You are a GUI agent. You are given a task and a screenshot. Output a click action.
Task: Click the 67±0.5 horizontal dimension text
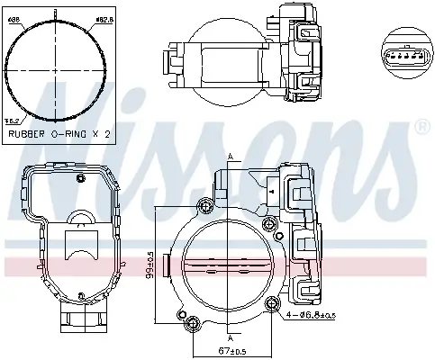[231, 349]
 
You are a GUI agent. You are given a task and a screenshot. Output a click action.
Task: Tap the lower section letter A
[231, 342]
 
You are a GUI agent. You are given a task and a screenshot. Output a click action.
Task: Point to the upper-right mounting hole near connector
[267, 223]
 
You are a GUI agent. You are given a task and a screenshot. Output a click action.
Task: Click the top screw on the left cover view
[80, 179]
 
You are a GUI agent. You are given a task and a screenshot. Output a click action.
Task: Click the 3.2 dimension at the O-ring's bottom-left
[12, 118]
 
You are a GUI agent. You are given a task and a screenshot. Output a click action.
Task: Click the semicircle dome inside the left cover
[78, 219]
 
